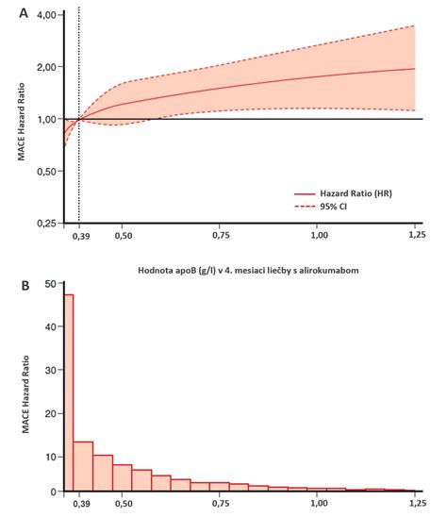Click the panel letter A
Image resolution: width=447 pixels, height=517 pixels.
[x=24, y=13]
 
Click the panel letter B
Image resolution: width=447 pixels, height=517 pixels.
[x=25, y=286]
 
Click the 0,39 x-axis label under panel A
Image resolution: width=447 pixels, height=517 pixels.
[x=81, y=236]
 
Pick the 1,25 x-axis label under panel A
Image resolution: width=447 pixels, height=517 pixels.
[x=417, y=235]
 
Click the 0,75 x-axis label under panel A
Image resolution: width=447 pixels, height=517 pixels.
[x=221, y=236]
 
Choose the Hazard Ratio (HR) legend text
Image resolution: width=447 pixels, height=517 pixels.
[x=356, y=193]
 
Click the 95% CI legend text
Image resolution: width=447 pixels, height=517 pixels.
[x=333, y=207]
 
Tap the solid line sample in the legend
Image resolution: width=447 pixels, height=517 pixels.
[x=305, y=194]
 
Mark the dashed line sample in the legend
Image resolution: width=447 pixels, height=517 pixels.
[x=305, y=207]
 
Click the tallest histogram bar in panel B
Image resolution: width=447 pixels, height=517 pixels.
[x=69, y=392]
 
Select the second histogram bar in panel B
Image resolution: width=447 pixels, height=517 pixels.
[x=83, y=466]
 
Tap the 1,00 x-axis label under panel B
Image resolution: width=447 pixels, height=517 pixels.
[x=319, y=504]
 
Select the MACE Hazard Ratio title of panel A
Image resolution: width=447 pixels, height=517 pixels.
[x=21, y=122]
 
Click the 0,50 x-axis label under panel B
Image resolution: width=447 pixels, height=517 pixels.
[x=124, y=504]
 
